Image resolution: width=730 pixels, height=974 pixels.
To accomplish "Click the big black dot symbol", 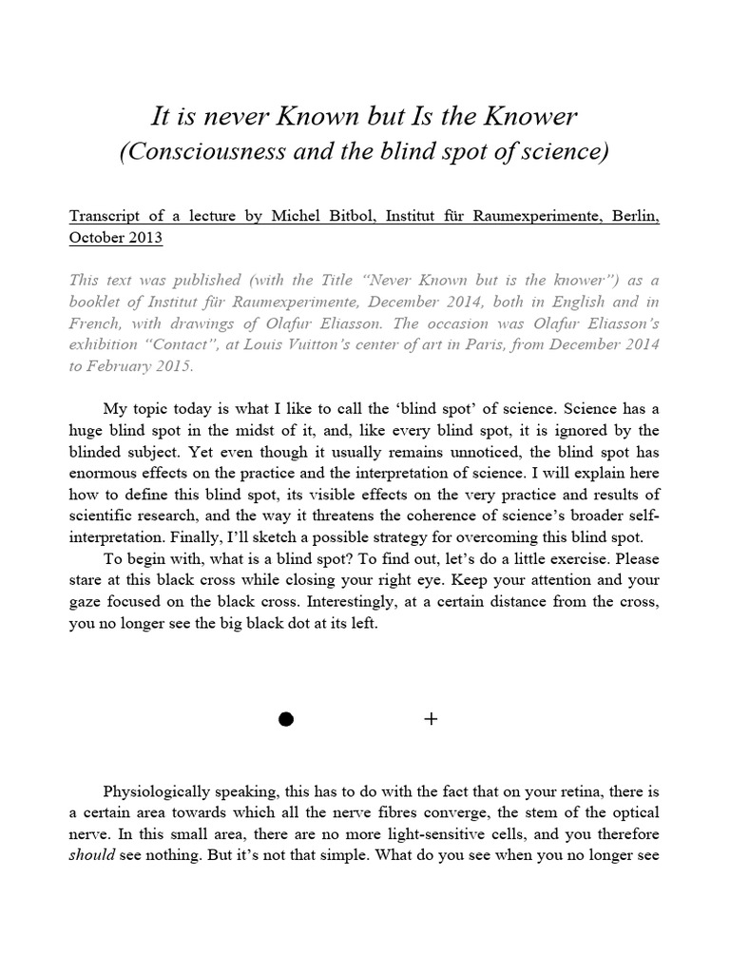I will pyautogui.click(x=285, y=720).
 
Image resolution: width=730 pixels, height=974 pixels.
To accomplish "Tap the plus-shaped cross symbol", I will pyautogui.click(x=431, y=720).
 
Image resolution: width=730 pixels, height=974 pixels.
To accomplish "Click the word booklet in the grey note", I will pyautogui.click(x=99, y=304).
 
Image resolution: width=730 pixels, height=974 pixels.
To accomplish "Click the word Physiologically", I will pyautogui.click(x=161, y=792).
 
